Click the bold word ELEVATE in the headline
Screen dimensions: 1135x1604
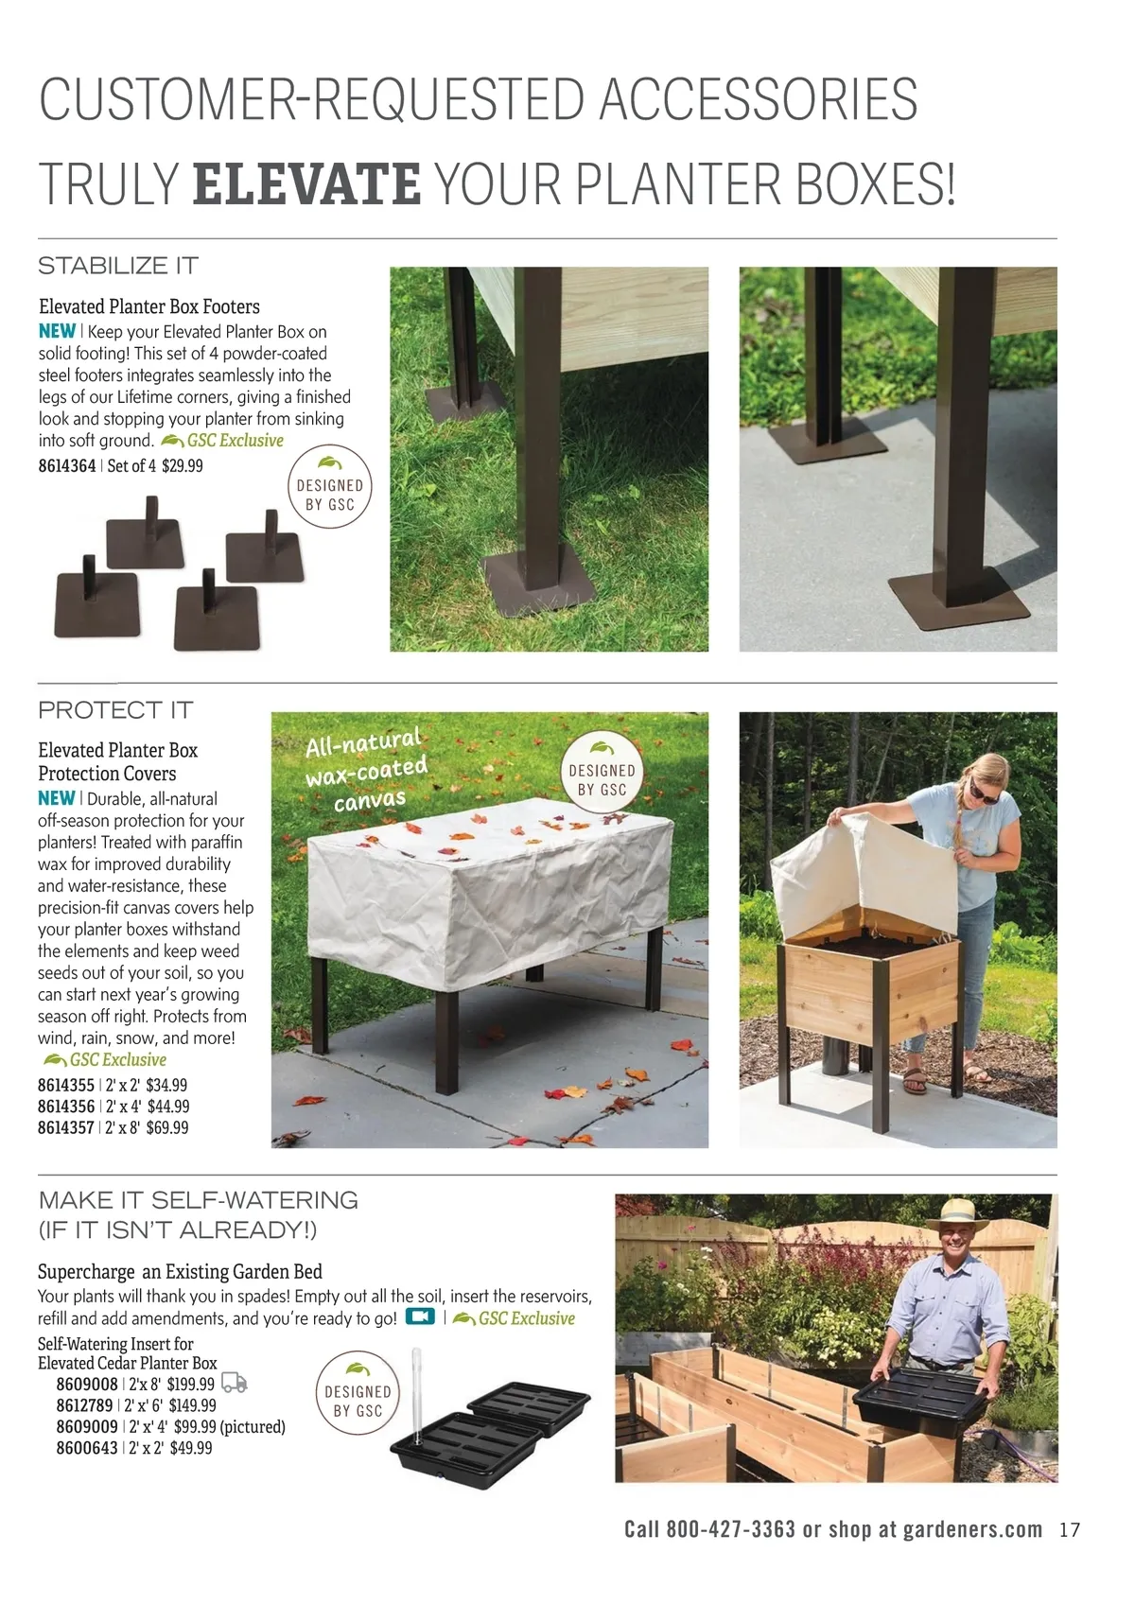pos(306,183)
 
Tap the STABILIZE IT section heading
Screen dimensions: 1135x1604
pos(118,266)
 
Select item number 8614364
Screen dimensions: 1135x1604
pos(66,465)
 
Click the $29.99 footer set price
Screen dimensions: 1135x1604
pos(182,465)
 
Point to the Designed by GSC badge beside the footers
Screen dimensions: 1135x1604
pos(329,486)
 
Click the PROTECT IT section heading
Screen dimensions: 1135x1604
pos(115,710)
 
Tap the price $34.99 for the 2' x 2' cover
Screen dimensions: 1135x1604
pos(166,1085)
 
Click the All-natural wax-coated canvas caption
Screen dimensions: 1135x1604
pos(367,771)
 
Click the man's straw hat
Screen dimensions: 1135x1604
pos(958,1216)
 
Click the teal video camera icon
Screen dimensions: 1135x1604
pos(420,1316)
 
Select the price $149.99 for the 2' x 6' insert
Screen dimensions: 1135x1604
pos(193,1405)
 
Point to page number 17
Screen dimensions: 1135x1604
pos(1069,1530)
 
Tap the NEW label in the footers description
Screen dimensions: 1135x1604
pos(58,331)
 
